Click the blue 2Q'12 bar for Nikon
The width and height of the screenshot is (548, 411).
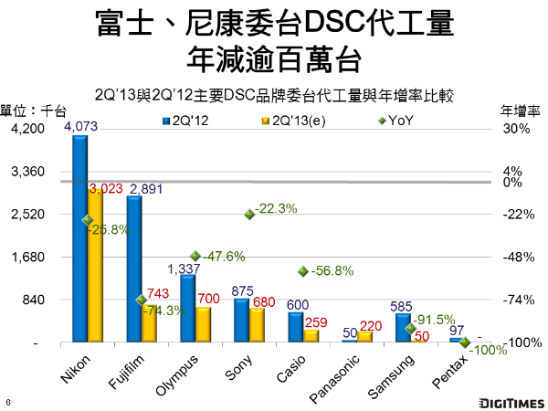tap(80, 239)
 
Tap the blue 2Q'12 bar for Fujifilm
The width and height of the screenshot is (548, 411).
tap(134, 269)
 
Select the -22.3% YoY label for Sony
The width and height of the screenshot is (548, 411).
tap(277, 209)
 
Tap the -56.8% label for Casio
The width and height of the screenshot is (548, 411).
tap(332, 271)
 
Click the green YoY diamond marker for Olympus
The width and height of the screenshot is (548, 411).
tap(195, 257)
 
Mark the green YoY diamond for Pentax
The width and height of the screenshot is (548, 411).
tap(465, 342)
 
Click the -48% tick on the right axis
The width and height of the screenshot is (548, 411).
tap(517, 258)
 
